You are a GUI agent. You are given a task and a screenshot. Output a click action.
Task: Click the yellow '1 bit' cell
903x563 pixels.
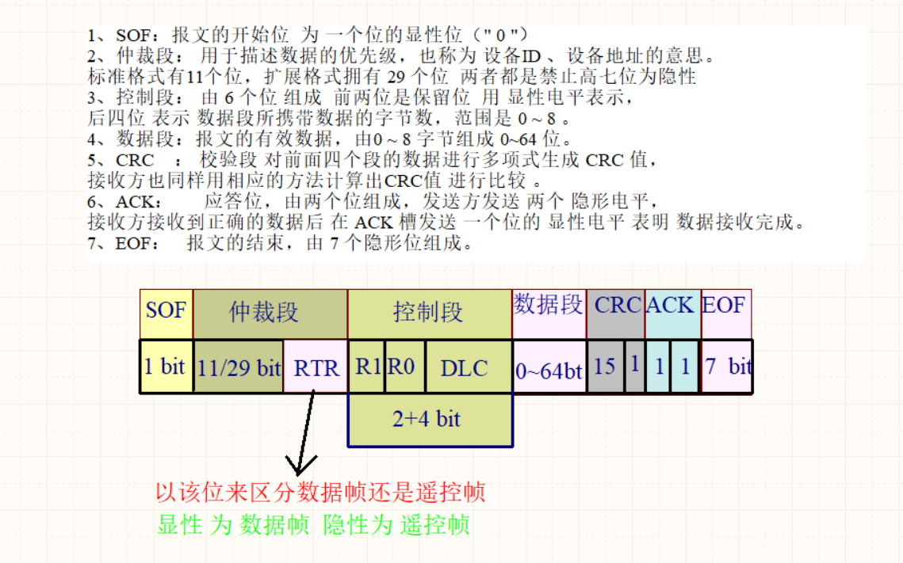pos(166,367)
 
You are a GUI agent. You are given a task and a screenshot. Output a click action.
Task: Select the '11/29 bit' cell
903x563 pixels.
pos(238,367)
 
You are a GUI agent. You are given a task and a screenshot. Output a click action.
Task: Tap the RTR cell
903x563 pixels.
pos(316,367)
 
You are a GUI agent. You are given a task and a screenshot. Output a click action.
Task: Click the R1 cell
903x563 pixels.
pos(367,367)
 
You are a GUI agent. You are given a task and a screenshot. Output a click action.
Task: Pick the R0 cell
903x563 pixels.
pos(405,367)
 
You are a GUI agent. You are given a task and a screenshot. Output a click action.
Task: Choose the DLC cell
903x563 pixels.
pos(468,367)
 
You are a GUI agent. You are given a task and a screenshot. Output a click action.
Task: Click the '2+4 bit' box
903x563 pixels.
pos(429,419)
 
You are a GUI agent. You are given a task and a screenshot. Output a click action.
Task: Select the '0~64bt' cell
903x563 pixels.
pos(549,368)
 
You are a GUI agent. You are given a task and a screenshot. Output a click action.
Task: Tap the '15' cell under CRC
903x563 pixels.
pos(605,367)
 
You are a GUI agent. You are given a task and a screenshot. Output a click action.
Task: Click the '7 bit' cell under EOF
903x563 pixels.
pos(727,367)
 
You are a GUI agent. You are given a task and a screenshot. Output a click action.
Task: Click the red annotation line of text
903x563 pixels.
pos(320,493)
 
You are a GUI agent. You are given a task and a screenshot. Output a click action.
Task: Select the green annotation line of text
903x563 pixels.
pos(314,524)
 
